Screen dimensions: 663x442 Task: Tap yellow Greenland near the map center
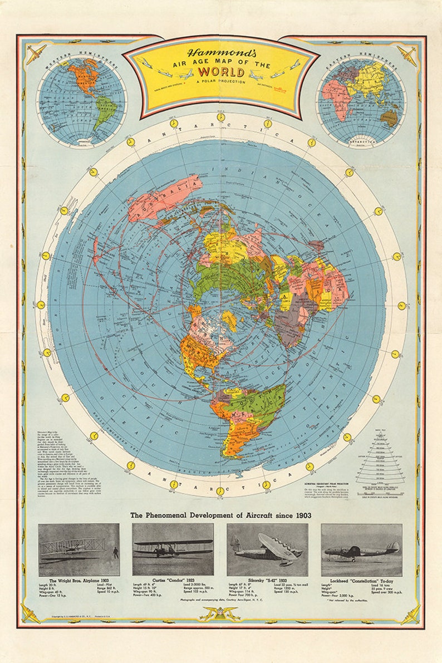tap(231, 320)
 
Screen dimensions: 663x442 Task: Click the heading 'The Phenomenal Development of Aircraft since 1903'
tap(220, 515)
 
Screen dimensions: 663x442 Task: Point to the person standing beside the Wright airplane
tap(115, 553)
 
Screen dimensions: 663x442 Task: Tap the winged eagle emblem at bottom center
tap(220, 614)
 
